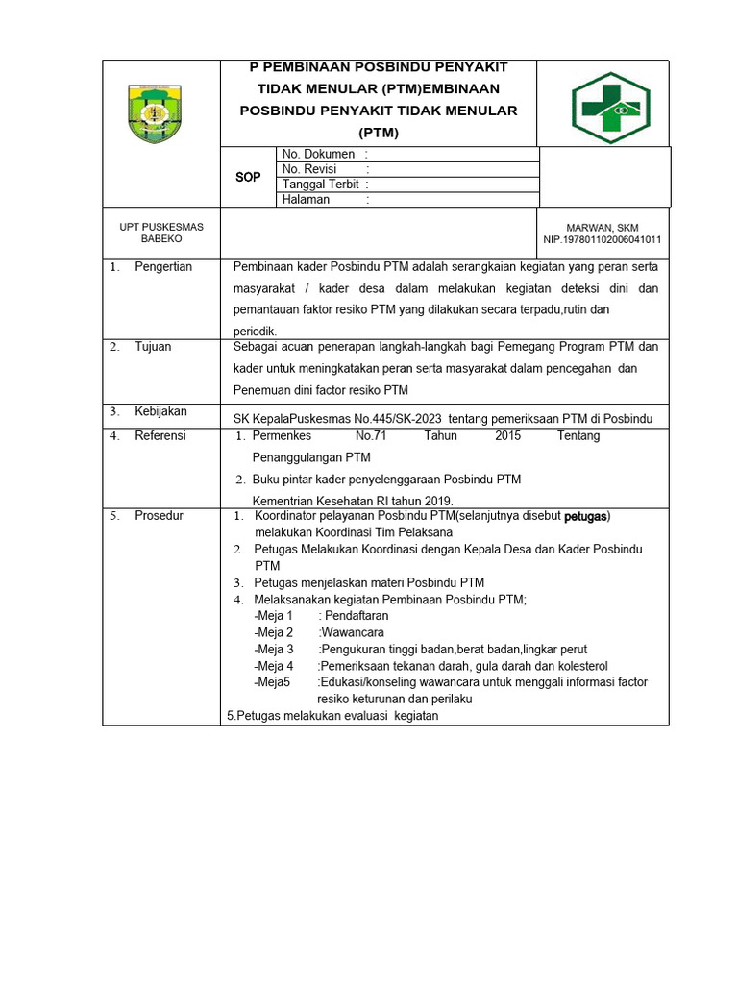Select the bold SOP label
(x=248, y=177)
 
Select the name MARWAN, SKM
(x=603, y=227)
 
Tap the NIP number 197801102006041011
(x=603, y=239)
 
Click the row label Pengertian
(x=163, y=266)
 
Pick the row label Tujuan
(x=153, y=347)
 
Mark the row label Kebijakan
(x=160, y=411)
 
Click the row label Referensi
(x=160, y=435)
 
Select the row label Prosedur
(x=159, y=516)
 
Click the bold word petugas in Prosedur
(x=585, y=516)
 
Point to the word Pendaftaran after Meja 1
(x=354, y=615)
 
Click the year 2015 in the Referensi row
(x=507, y=435)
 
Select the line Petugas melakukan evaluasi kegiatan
(x=332, y=715)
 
